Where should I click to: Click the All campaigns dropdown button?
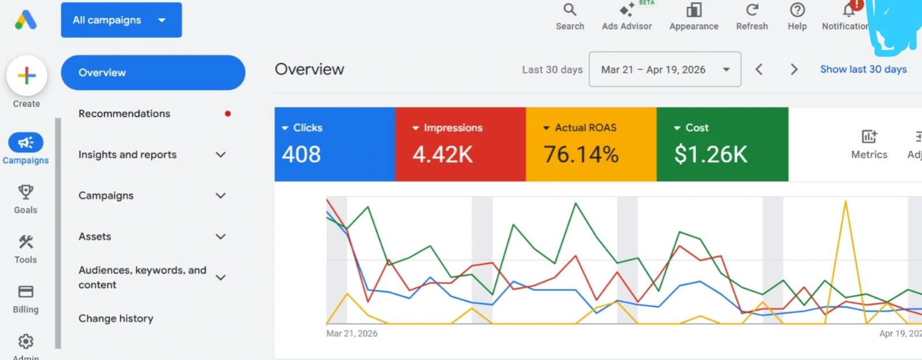(x=122, y=20)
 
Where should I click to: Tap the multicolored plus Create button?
(x=27, y=76)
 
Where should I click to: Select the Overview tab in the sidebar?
(x=153, y=73)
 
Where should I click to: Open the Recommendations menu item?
(x=125, y=113)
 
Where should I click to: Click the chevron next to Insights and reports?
(x=221, y=155)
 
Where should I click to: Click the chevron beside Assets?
(x=221, y=237)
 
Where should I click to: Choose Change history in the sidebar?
(x=116, y=318)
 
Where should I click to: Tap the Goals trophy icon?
(x=25, y=192)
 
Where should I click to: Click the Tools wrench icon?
(x=25, y=242)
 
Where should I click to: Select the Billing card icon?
(x=25, y=291)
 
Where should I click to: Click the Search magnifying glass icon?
(x=570, y=9)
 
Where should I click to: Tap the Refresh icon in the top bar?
(x=752, y=9)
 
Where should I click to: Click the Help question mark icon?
(x=797, y=9)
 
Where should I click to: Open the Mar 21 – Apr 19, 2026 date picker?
(x=665, y=69)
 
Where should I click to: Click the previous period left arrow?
(x=759, y=69)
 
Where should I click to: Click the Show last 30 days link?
(x=864, y=69)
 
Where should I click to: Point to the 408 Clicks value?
(x=302, y=155)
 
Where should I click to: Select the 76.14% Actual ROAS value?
(x=581, y=155)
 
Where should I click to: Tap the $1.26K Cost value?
(x=711, y=155)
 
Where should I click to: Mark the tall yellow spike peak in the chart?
(x=845, y=201)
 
